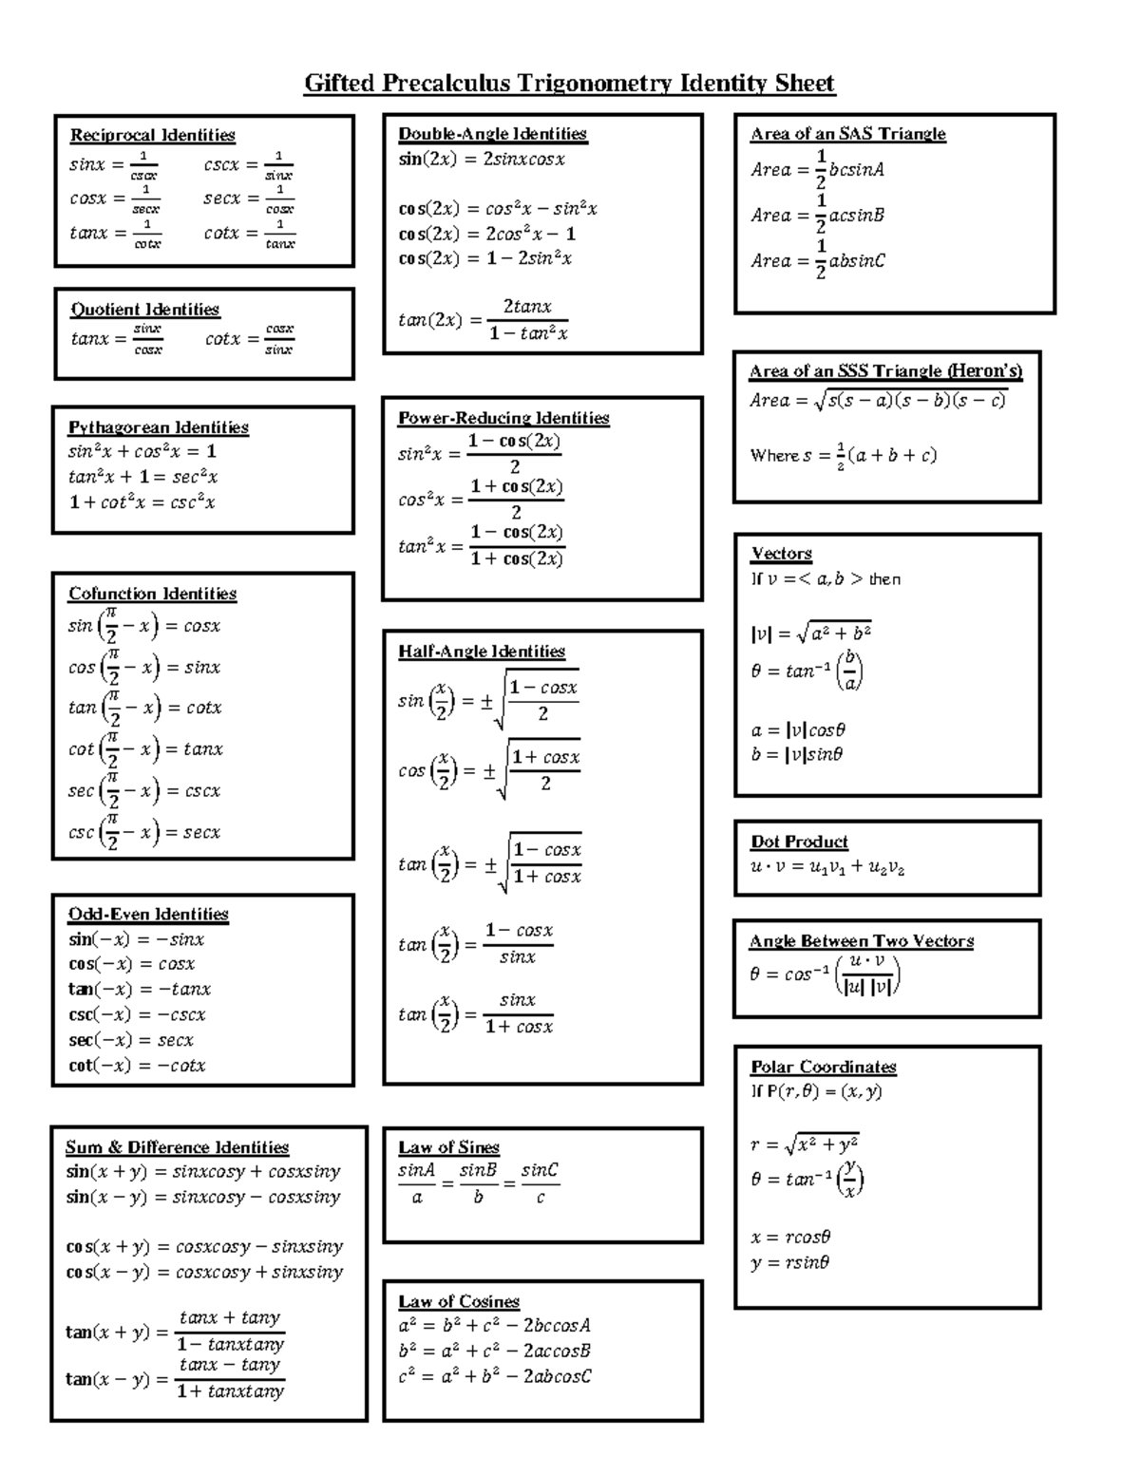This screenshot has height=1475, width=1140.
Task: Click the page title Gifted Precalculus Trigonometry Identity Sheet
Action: [569, 84]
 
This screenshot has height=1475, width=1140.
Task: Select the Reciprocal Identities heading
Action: [152, 135]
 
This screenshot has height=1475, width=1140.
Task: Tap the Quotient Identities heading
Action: [144, 310]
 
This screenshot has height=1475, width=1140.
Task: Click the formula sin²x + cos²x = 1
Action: [142, 452]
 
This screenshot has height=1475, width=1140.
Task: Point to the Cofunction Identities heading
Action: [152, 594]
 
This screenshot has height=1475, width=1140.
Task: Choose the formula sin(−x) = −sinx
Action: [136, 939]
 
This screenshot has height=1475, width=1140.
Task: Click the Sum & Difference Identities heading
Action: [177, 1147]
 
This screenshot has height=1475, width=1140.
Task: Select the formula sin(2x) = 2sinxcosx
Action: [482, 160]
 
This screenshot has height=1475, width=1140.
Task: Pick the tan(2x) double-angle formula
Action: [484, 320]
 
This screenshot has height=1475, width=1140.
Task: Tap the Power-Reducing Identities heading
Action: [503, 418]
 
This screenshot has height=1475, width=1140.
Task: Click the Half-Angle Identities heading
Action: [482, 652]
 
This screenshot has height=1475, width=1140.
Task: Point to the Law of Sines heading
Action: [448, 1147]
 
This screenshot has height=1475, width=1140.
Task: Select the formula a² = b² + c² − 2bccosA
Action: [495, 1326]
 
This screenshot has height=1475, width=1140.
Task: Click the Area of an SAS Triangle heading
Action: [847, 134]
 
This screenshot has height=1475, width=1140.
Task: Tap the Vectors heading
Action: [781, 554]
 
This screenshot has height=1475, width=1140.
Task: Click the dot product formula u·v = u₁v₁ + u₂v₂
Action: [827, 867]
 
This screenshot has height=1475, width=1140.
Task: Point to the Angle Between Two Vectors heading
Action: [862, 941]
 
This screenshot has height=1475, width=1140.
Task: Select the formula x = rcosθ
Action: [790, 1238]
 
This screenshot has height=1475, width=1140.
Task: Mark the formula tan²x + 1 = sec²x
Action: [143, 478]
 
